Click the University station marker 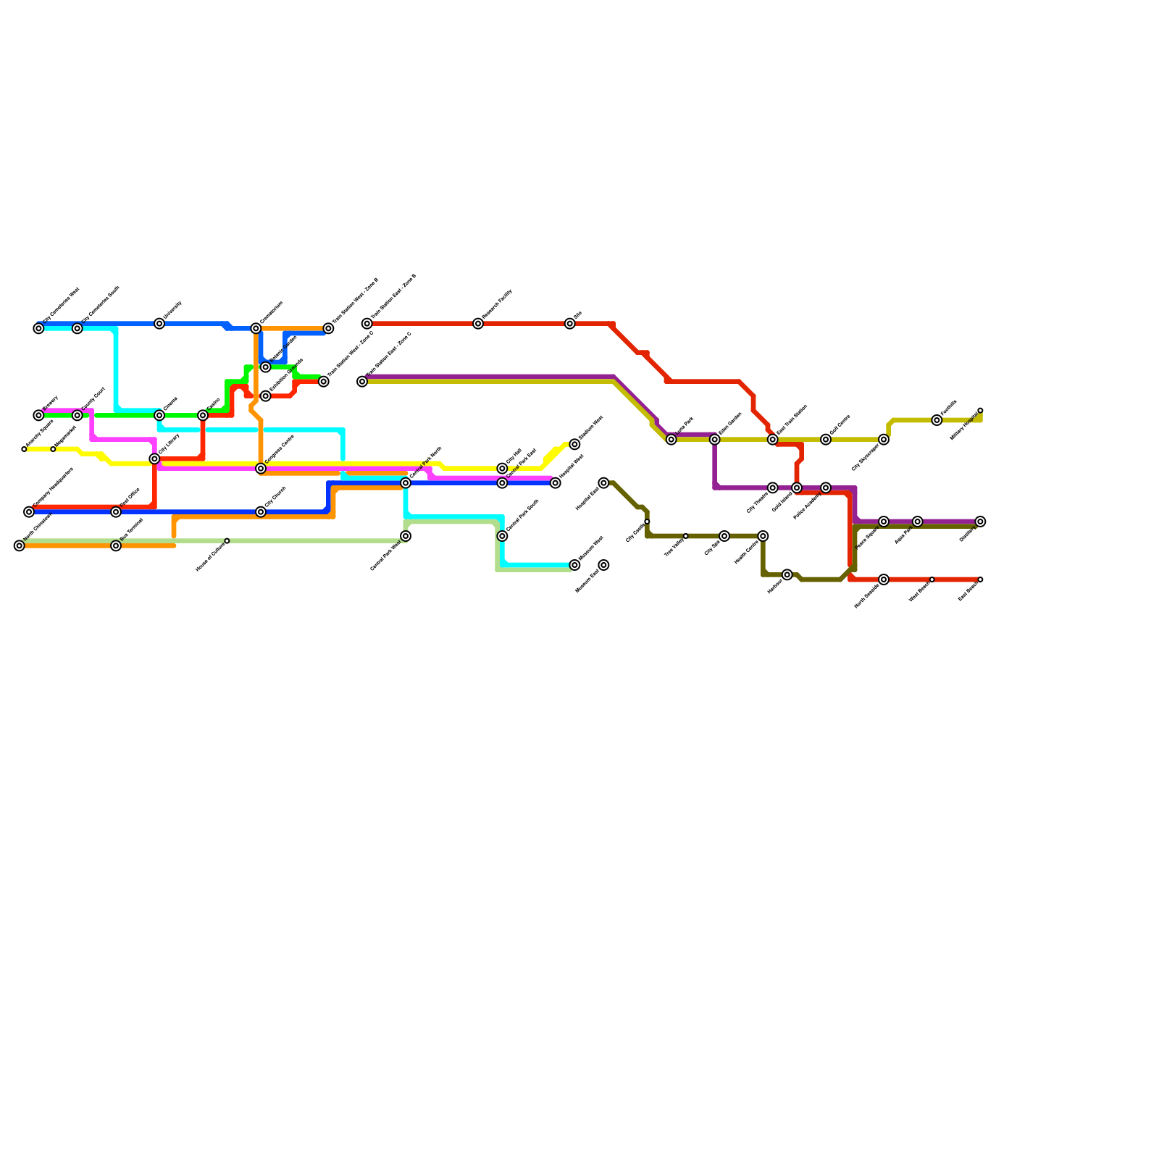point(159,324)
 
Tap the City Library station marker point(154,459)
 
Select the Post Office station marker point(116,512)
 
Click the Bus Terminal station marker point(116,545)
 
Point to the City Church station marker point(261,512)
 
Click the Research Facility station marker point(478,324)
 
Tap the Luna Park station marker point(671,440)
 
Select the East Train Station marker point(773,440)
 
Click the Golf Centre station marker point(826,440)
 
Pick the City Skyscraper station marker point(884,440)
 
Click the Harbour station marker point(787,574)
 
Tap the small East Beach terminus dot point(980,579)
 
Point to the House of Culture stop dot point(227,541)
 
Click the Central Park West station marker point(406,536)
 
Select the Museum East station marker point(603,565)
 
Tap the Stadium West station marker point(574,444)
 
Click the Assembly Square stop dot point(24,449)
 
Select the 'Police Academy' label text point(808,506)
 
